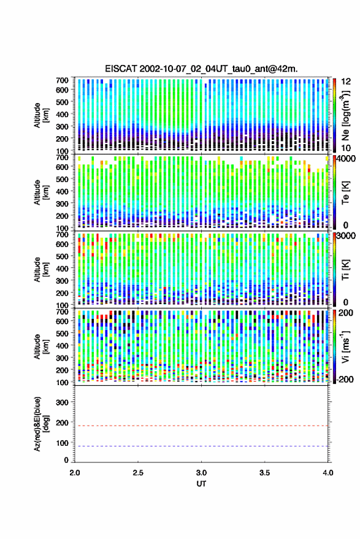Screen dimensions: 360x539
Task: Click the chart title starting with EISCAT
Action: (201, 69)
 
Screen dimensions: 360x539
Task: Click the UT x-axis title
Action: (201, 484)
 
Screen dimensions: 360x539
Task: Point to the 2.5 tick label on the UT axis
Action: (138, 473)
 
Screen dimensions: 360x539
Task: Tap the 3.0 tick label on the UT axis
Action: (202, 473)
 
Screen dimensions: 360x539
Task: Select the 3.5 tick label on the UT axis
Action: (265, 473)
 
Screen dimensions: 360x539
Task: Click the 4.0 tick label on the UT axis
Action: (328, 473)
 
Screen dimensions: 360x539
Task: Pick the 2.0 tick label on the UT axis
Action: (75, 473)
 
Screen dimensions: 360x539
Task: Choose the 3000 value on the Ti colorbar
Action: (347, 235)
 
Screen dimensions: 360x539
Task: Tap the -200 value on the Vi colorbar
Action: (345, 380)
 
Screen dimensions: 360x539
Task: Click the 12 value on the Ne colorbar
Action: (346, 82)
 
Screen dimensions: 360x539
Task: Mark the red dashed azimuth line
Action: (202, 426)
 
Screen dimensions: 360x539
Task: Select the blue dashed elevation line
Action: (202, 446)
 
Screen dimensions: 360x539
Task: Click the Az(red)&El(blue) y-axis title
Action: (41, 424)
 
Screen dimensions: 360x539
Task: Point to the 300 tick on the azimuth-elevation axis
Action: (62, 402)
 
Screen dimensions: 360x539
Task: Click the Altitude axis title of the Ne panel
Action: (41, 115)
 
